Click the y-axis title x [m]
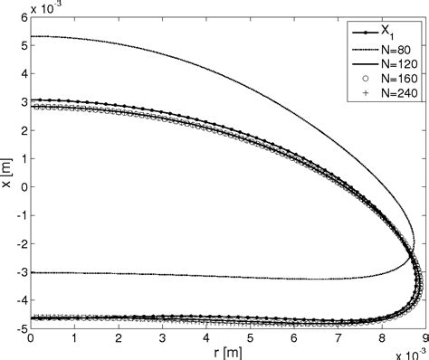click(x=7, y=172)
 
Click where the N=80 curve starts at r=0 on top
click(x=32, y=36)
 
